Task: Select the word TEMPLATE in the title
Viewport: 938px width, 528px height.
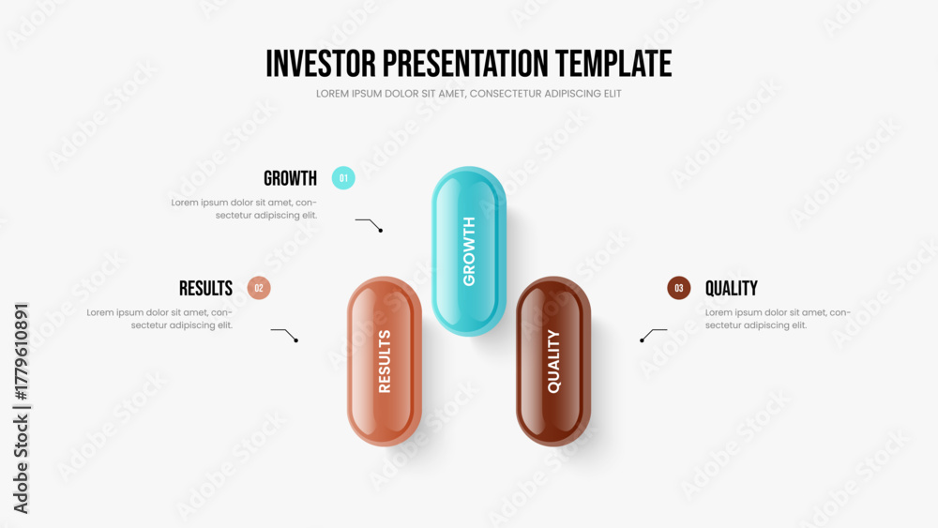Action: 613,64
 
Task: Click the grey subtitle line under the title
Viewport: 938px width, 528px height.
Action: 468,94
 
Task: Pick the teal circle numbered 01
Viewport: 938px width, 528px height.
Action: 343,178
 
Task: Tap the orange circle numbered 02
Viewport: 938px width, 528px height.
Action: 259,288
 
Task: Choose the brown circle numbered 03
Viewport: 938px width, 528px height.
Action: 679,288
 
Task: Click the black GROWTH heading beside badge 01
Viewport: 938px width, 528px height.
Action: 290,178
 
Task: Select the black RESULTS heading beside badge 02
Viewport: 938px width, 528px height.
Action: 205,288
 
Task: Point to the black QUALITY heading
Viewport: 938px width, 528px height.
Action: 731,288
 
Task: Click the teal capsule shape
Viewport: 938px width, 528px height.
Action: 469,251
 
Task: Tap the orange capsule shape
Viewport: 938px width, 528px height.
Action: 385,361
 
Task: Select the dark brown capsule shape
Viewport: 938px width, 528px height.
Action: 553,361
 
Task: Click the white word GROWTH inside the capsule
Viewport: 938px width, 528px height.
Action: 469,251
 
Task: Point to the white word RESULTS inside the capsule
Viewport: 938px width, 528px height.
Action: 385,361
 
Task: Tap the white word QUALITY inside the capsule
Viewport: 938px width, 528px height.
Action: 554,361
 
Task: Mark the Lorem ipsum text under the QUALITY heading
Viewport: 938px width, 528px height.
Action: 777,319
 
